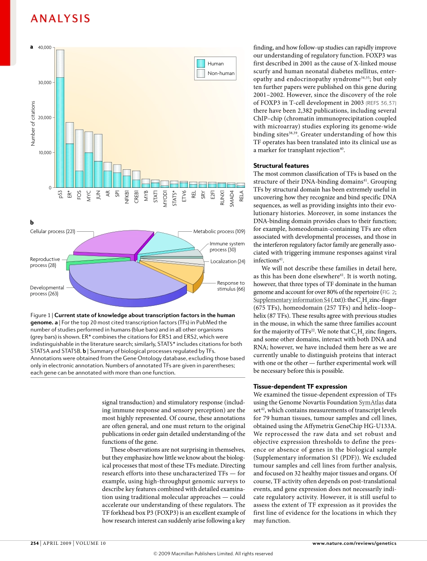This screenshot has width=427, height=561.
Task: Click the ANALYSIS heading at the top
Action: tap(60, 18)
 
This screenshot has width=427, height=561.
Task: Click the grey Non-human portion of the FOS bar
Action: tap(79, 150)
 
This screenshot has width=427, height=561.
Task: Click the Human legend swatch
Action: tap(200, 63)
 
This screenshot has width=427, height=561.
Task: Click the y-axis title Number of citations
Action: tap(33, 123)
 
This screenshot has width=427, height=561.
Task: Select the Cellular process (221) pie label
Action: tap(52, 232)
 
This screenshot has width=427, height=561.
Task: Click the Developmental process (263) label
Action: tap(47, 291)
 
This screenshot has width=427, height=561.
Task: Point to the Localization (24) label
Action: tap(228, 261)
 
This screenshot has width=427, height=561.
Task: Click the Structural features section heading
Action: tap(281, 166)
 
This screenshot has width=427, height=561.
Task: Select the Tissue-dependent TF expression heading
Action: tap(300, 386)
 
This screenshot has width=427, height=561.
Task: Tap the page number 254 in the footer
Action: tap(35, 543)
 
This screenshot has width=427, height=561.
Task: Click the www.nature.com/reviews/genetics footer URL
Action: tap(354, 543)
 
